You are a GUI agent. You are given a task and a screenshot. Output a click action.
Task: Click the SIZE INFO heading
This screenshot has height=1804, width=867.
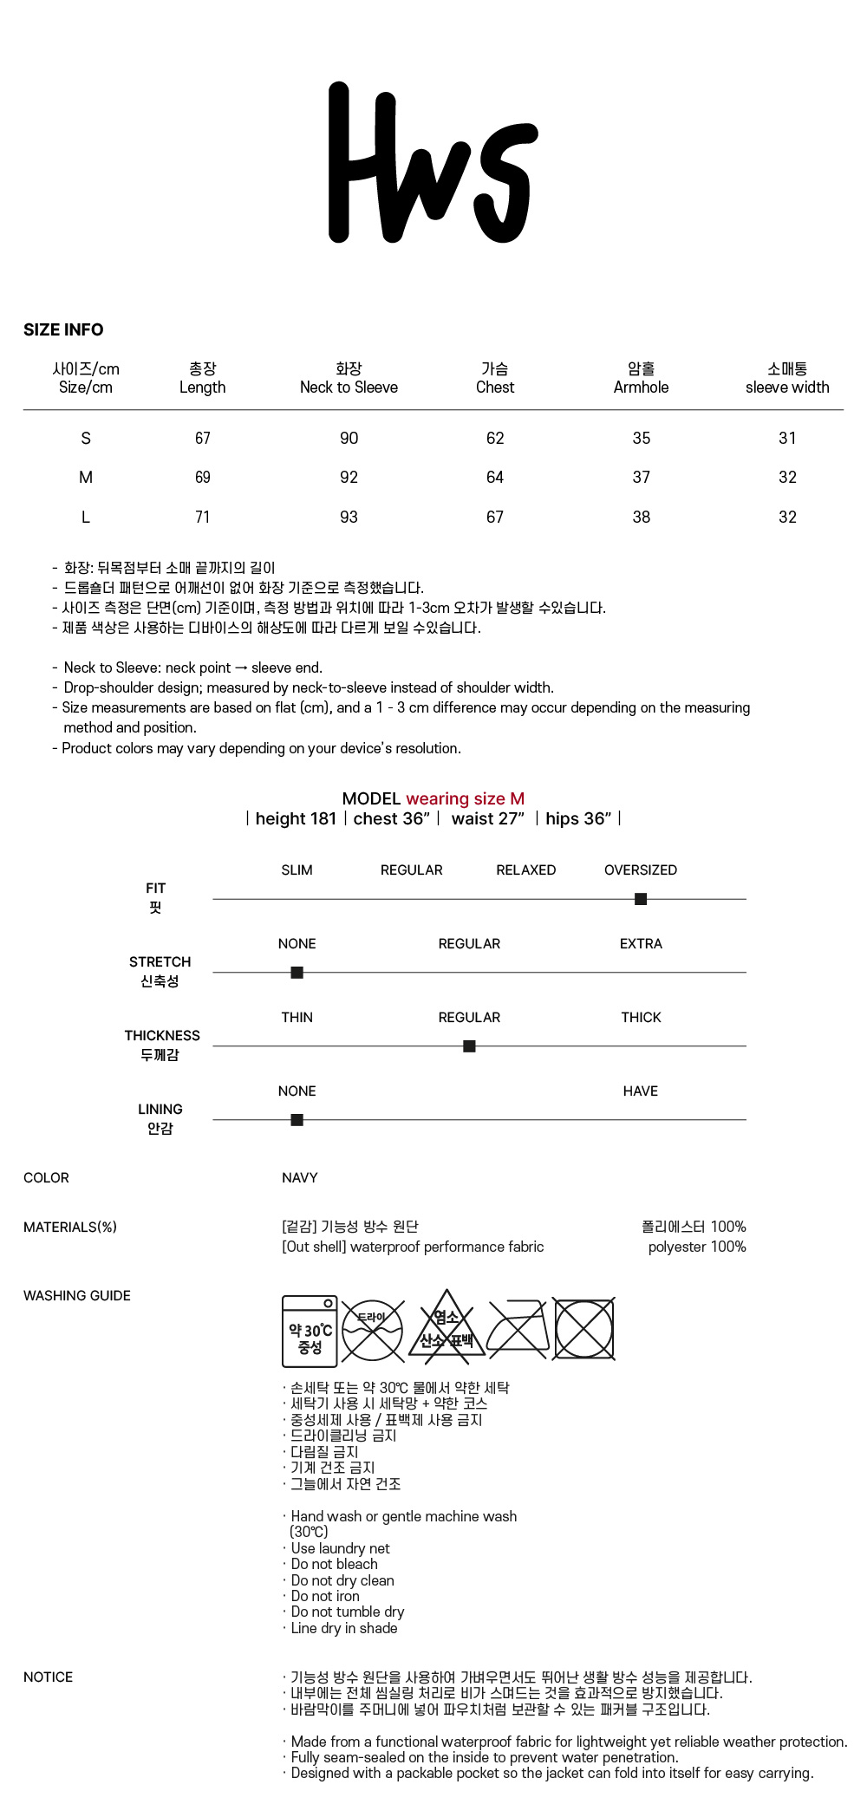pos(63,329)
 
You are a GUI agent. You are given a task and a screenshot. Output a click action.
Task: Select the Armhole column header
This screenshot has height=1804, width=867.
pos(641,378)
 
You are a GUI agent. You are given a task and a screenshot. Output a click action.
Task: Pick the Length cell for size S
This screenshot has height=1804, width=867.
pos(203,438)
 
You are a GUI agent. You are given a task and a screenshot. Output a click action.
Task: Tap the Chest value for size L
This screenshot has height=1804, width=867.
pos(495,517)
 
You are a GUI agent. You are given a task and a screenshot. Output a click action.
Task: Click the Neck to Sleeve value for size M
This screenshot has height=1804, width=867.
pos(349,477)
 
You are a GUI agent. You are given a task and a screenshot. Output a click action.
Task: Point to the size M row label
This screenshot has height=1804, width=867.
pos(86,477)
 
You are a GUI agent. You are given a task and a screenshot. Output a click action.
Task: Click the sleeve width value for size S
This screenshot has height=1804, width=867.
pos(787,438)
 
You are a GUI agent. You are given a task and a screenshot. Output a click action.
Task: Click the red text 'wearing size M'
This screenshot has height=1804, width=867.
pos(465,798)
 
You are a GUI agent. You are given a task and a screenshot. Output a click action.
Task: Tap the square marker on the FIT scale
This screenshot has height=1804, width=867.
pos(641,899)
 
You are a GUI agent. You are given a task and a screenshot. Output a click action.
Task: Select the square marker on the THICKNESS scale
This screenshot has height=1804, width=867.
pos(469,1046)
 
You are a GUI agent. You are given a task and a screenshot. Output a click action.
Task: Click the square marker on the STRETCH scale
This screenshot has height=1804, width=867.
pos(297,973)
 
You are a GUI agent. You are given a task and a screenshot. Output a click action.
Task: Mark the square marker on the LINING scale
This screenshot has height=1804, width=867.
pos(297,1120)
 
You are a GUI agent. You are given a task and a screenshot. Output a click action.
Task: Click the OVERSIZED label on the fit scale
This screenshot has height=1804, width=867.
pos(641,869)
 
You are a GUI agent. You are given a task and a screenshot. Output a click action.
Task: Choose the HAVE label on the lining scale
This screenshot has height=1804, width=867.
pos(641,1091)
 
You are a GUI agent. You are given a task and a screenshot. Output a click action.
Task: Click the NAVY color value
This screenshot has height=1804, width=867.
pos(300,1177)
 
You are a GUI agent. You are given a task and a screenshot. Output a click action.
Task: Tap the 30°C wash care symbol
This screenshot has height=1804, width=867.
pos(310,1331)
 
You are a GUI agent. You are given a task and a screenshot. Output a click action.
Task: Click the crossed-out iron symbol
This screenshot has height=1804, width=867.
pos(518,1329)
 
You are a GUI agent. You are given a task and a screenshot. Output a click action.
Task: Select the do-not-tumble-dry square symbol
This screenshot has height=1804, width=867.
pos(584,1329)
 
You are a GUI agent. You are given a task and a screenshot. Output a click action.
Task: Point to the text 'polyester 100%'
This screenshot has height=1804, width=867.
pos(697,1247)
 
